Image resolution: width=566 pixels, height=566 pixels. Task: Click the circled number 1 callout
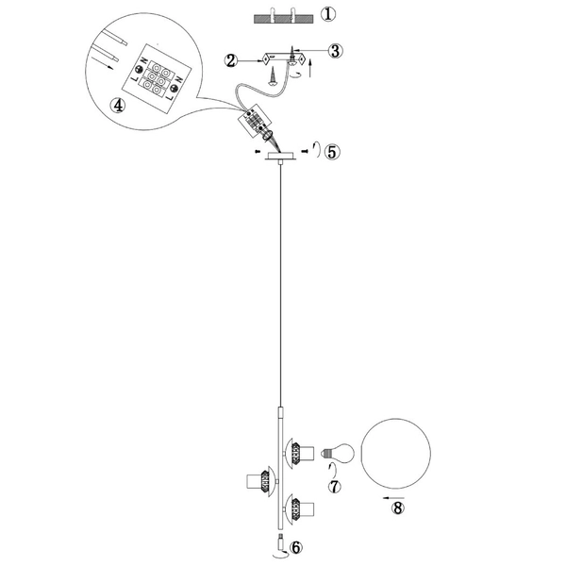coord(327,15)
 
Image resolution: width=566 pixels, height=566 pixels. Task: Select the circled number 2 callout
coord(230,60)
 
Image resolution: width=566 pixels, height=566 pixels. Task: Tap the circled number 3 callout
coord(336,51)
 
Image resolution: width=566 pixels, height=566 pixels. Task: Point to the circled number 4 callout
coord(118,106)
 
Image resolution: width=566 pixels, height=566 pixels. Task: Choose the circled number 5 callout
coord(331,151)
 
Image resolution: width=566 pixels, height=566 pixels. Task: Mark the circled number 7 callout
coord(332,486)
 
